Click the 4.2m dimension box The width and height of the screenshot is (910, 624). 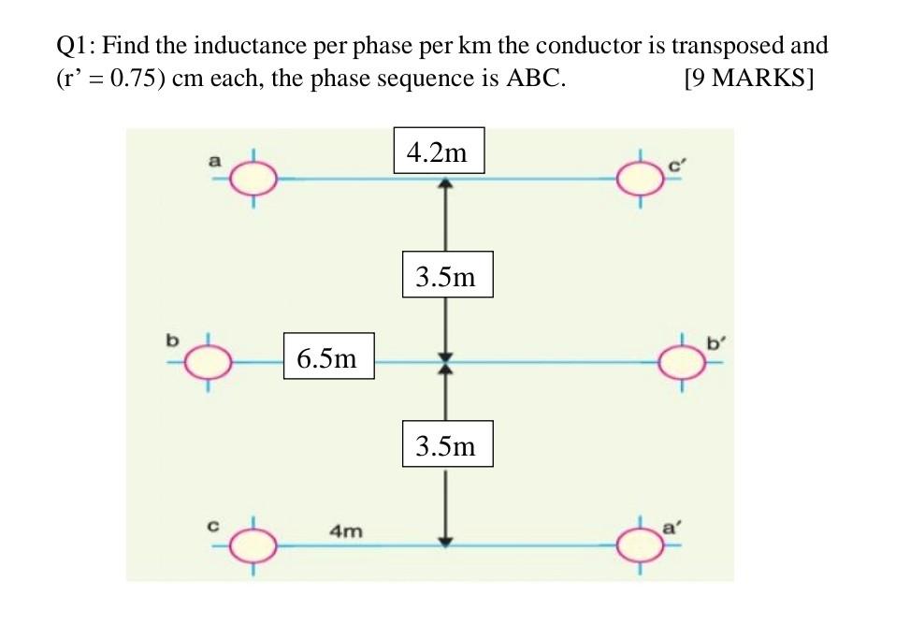click(x=438, y=152)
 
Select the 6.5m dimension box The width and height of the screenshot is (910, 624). click(x=328, y=356)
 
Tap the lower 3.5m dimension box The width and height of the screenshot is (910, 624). click(x=446, y=445)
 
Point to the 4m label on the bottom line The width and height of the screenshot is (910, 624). click(x=346, y=530)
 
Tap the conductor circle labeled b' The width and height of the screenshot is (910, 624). click(x=683, y=360)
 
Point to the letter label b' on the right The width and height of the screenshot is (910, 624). click(x=715, y=343)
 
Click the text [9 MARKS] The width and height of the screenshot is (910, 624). click(x=749, y=79)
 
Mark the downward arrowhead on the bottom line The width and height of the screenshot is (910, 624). click(x=446, y=538)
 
